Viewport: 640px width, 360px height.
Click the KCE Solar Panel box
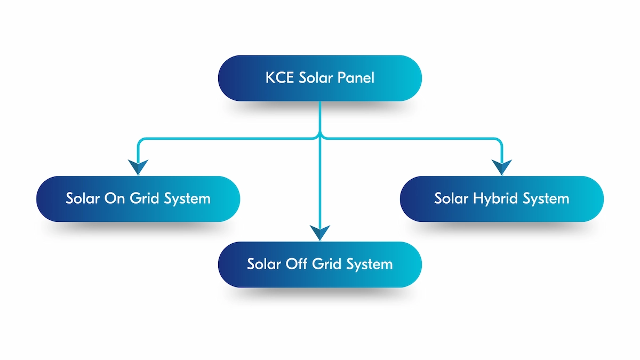[x=320, y=78]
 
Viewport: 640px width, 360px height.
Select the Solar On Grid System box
[x=138, y=199]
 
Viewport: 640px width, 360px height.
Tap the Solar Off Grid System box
[x=320, y=265]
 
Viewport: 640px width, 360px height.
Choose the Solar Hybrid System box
[x=502, y=199]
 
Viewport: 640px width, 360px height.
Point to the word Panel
[x=357, y=78]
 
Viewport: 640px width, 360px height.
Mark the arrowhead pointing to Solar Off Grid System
[x=320, y=233]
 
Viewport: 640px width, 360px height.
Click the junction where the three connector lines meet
[x=320, y=138]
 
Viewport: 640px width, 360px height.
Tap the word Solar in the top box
[x=318, y=78]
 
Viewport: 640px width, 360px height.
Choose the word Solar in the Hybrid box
[x=451, y=199]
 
